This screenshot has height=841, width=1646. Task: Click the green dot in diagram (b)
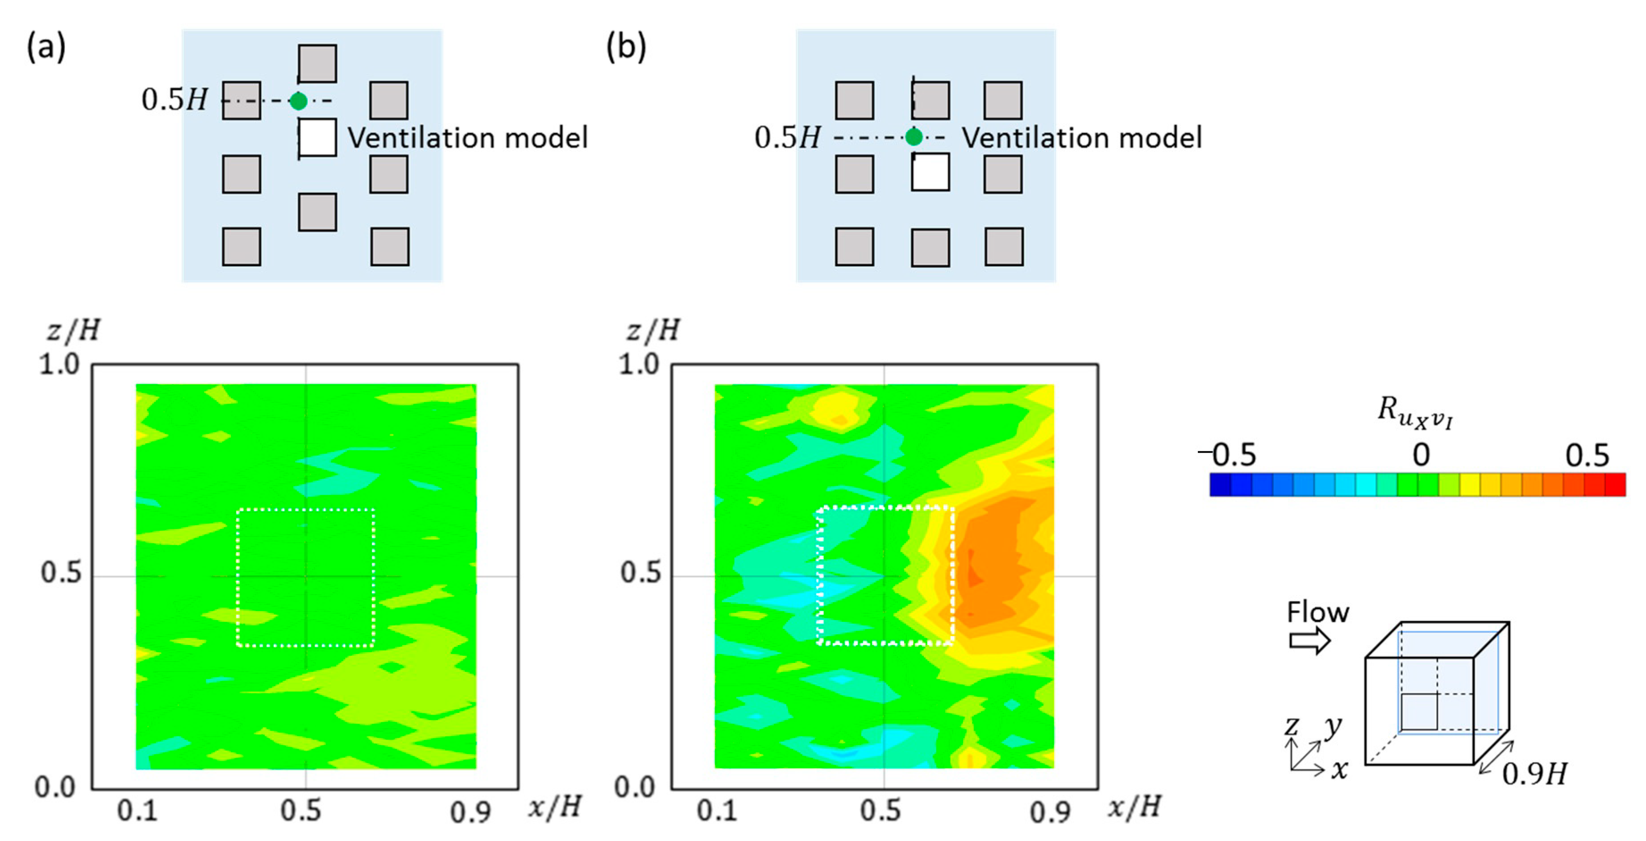click(914, 137)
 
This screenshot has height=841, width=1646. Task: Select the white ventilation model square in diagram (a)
click(318, 137)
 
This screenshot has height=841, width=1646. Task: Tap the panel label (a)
click(46, 47)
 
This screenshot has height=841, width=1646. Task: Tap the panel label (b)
click(626, 47)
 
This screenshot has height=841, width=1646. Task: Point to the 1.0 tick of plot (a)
click(59, 365)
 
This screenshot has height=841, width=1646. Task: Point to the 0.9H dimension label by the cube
click(1534, 774)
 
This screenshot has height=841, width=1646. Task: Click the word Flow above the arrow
click(1318, 612)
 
